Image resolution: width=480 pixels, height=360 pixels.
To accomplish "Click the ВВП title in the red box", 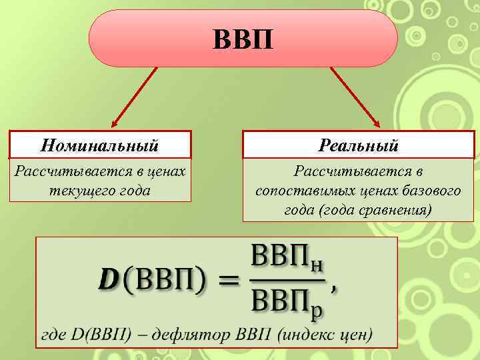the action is coord(243,39).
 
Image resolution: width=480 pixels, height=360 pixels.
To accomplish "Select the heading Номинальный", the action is coord(99,144).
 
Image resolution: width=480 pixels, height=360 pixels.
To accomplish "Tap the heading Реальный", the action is coord(359,144).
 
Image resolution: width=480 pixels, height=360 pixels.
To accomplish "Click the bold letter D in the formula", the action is coord(107,279).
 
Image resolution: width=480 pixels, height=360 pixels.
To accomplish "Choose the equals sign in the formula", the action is coord(229,280).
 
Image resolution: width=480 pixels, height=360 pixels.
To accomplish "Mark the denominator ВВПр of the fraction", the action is coord(288,303).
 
